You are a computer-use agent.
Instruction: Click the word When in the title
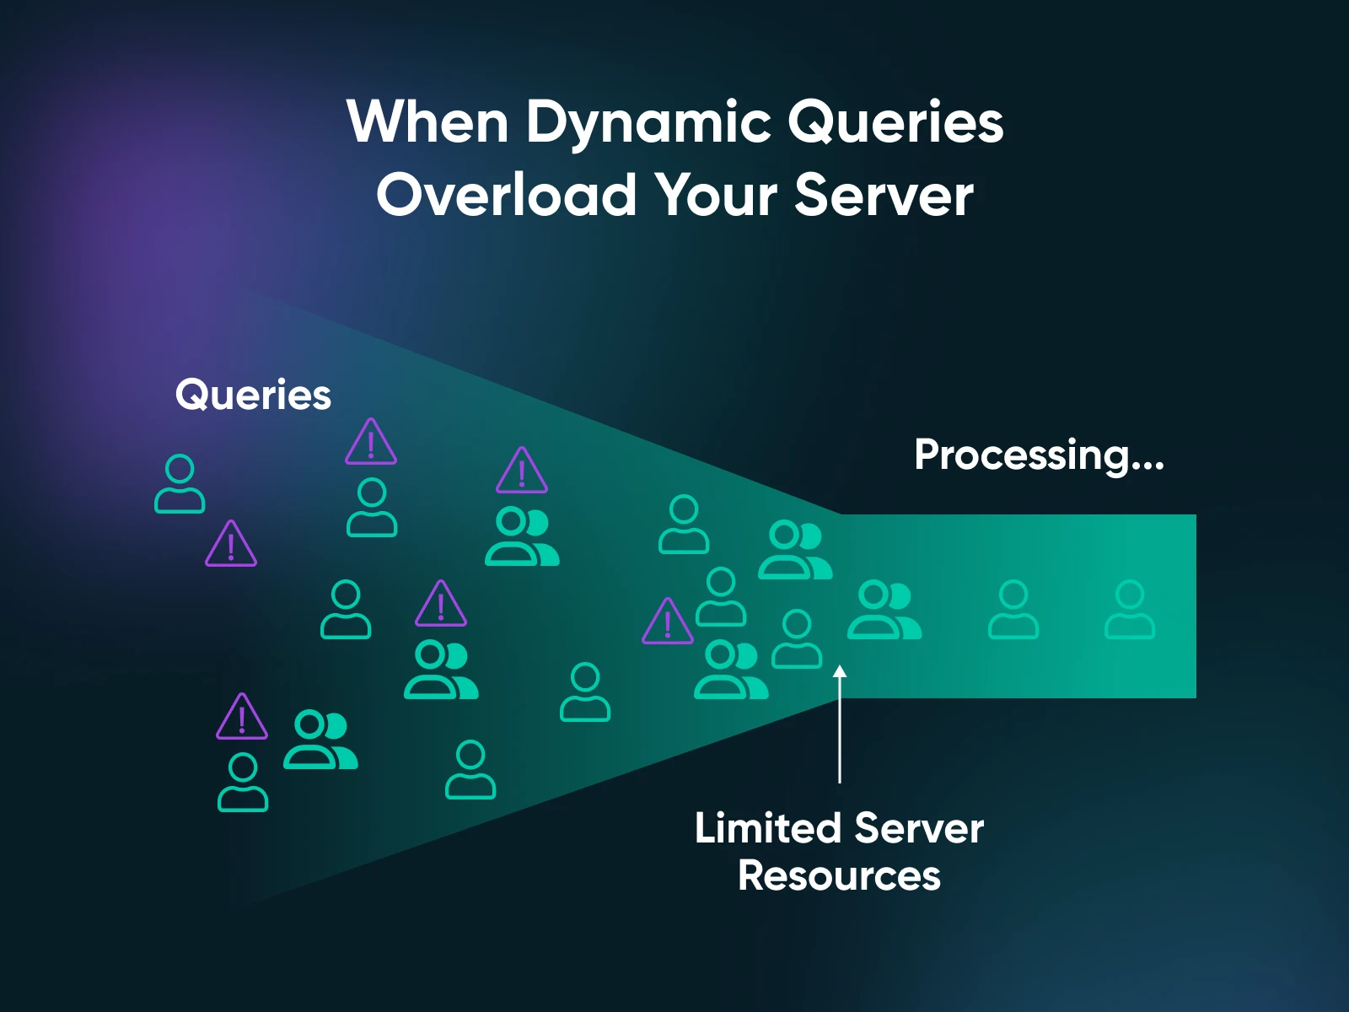tap(427, 122)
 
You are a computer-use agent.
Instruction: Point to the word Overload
tap(506, 195)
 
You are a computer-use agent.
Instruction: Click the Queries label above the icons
tap(253, 395)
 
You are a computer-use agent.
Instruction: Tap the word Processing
tap(1023, 456)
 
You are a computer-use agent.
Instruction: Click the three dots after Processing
tap(1149, 465)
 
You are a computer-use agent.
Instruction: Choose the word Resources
tap(839, 875)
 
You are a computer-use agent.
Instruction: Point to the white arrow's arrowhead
tap(840, 672)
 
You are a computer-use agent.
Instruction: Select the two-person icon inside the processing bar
tap(884, 610)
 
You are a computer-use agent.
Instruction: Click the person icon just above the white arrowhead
tap(797, 639)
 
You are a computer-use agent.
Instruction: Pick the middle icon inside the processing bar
tap(1013, 610)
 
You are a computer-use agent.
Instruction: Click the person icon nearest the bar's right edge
tap(1129, 610)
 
